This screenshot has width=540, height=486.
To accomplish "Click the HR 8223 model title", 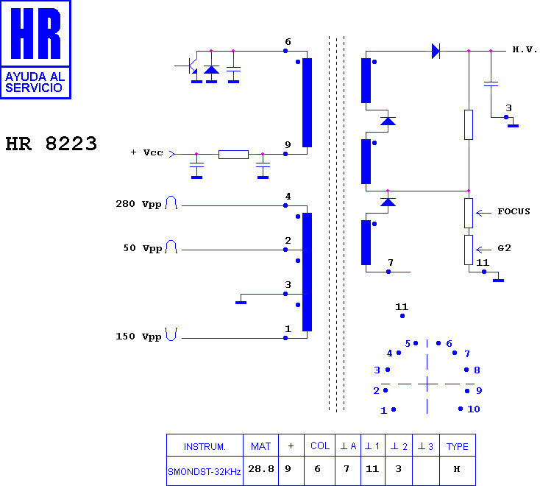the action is (x=51, y=144).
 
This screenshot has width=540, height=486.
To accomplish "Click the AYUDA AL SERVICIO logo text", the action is (x=35, y=82).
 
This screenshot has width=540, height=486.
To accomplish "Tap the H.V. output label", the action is (x=525, y=49).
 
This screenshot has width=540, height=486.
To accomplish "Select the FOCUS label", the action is (x=514, y=211).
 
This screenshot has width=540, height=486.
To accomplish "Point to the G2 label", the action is (x=504, y=248).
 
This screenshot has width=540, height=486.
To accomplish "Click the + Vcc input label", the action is (x=146, y=152).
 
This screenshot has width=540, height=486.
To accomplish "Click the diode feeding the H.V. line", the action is (x=436, y=51).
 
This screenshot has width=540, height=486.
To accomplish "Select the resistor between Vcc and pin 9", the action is (x=233, y=155).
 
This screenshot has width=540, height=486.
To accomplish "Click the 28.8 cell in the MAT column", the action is (x=261, y=469).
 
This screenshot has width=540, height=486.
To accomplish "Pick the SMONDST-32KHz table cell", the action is (x=205, y=471).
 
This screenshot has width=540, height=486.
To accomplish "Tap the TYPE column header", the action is (x=457, y=447).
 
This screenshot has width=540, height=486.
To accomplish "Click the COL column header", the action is (x=320, y=446).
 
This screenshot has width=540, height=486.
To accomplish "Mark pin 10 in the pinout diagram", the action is (x=461, y=409).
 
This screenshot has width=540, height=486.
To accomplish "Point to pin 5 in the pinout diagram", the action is (x=416, y=343).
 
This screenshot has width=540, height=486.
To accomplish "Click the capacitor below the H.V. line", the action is (x=491, y=84).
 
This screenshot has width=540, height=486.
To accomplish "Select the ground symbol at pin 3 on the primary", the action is (x=241, y=303).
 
